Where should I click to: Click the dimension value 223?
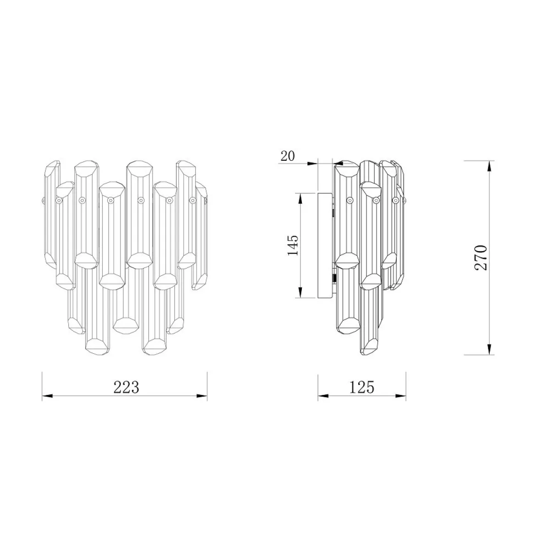point(126,387)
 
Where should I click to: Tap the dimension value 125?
point(361,387)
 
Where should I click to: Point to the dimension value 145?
point(293,245)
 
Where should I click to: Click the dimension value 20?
point(288,156)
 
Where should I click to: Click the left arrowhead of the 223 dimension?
point(47,396)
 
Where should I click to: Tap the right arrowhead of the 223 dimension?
point(202,396)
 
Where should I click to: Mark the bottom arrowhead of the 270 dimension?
point(490,349)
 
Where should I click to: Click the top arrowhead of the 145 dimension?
point(300,199)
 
